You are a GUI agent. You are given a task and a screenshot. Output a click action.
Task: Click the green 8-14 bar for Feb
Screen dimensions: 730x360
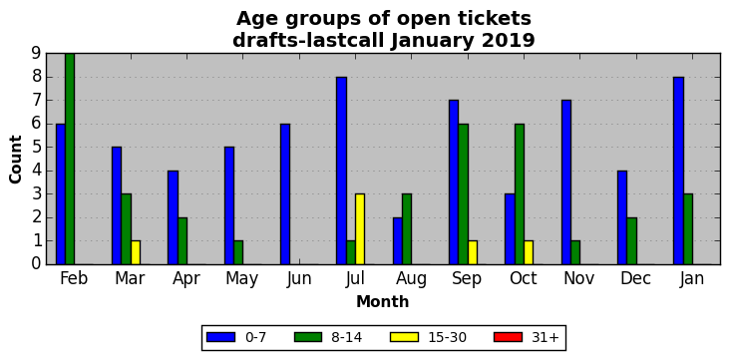[70, 159]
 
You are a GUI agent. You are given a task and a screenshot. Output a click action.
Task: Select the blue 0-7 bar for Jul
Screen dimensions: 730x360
[341, 171]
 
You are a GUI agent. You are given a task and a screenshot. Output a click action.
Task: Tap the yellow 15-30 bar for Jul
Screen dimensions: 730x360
[360, 229]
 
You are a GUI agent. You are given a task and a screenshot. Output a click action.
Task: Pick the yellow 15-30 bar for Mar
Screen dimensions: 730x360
[136, 253]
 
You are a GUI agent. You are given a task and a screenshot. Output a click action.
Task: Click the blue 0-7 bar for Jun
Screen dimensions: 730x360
[285, 194]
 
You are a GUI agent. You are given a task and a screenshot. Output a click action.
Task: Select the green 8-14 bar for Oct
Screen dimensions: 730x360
[520, 194]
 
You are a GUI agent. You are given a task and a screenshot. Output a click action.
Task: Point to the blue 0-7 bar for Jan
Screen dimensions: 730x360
[678, 171]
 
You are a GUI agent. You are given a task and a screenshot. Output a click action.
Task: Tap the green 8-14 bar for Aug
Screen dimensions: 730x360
[407, 229]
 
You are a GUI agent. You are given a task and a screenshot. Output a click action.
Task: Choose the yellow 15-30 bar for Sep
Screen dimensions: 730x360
[473, 253]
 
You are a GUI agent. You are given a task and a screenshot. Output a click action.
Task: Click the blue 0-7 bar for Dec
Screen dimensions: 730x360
[622, 217]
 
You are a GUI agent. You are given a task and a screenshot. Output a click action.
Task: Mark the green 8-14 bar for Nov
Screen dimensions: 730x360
[575, 253]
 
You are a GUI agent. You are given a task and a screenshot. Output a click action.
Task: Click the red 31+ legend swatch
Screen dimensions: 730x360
[507, 337]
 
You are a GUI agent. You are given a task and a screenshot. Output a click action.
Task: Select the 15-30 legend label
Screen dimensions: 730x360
[448, 338]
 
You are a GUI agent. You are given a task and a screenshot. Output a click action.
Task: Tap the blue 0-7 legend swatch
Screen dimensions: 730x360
[219, 337]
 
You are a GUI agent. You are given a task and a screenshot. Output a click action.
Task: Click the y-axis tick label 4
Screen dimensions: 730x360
[37, 171]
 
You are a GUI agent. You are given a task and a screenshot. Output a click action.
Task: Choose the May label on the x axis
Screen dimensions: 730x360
[241, 279]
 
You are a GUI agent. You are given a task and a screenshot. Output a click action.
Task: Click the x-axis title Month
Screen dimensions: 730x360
[382, 302]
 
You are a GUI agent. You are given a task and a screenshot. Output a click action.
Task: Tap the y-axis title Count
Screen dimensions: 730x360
[16, 160]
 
